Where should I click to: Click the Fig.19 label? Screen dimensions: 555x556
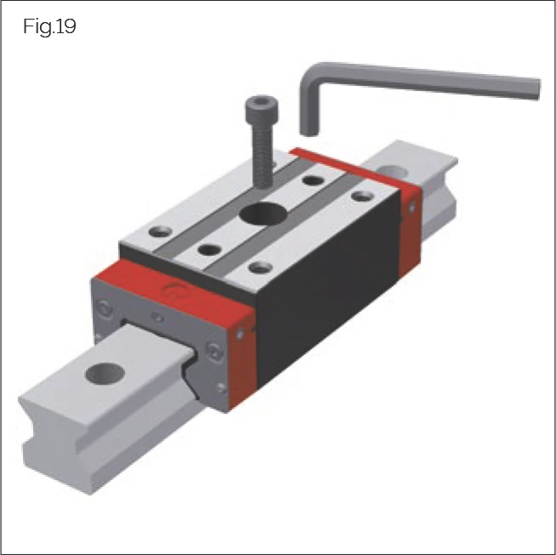click(50, 26)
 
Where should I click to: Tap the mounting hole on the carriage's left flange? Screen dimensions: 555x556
click(158, 231)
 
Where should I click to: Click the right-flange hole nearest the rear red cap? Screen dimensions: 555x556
click(363, 197)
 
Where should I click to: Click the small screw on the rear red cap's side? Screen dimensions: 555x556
click(414, 209)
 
